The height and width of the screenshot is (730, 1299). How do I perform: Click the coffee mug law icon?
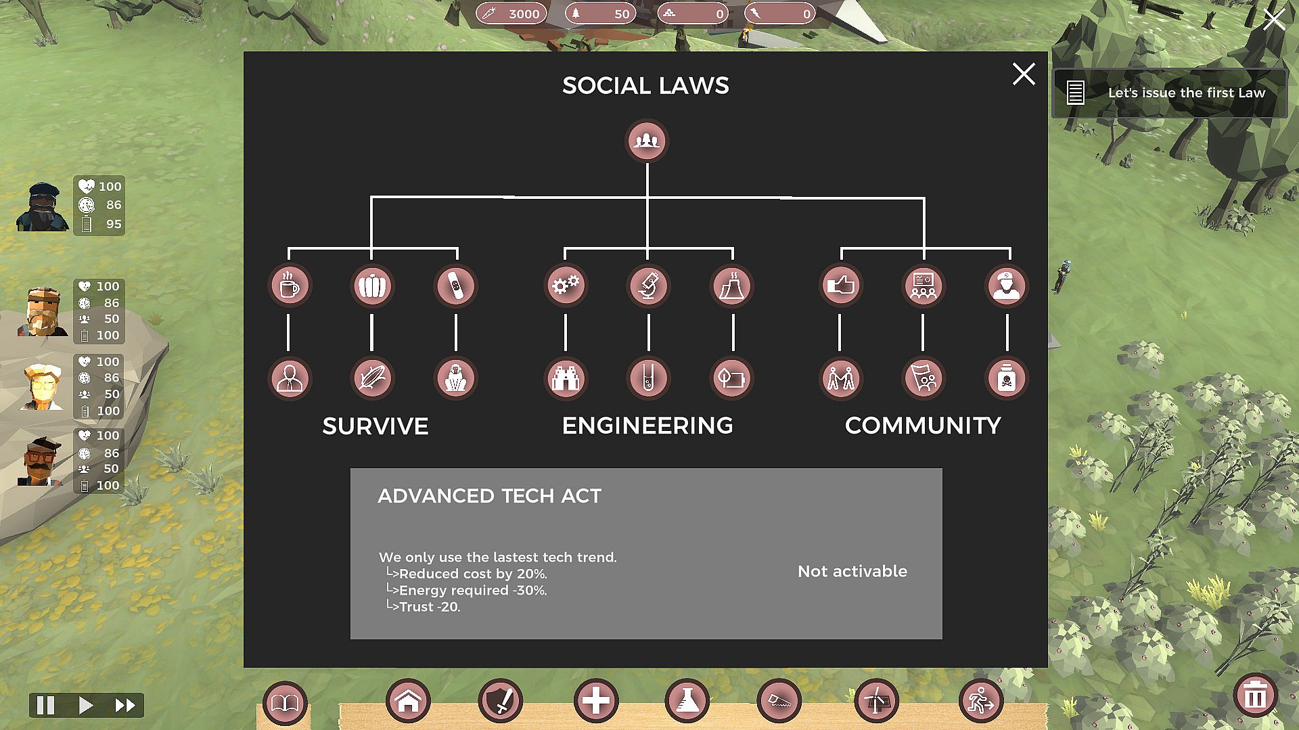click(x=290, y=286)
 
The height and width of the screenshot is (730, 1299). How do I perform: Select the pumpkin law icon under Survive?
click(x=372, y=286)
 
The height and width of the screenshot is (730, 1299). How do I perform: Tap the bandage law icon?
click(x=455, y=286)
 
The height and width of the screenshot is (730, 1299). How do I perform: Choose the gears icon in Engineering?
click(x=566, y=286)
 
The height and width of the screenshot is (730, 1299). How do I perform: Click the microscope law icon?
click(x=648, y=286)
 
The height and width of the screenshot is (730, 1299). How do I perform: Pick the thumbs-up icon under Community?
click(x=841, y=286)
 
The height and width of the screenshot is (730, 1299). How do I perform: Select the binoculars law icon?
click(x=566, y=378)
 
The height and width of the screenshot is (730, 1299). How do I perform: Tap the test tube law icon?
click(x=648, y=378)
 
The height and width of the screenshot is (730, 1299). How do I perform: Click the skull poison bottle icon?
click(x=1006, y=378)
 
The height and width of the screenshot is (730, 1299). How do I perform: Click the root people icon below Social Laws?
click(x=647, y=141)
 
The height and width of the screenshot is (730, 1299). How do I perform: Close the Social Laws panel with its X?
click(x=1024, y=74)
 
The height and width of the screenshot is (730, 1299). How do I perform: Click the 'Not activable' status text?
click(x=852, y=572)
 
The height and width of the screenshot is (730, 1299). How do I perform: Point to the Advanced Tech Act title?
click(x=489, y=496)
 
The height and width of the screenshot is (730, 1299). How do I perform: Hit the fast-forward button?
click(x=125, y=706)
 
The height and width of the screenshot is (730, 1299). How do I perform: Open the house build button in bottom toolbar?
click(x=408, y=701)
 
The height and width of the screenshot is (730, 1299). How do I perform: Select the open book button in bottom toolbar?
click(x=285, y=703)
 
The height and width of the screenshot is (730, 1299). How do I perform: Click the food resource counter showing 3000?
click(x=511, y=14)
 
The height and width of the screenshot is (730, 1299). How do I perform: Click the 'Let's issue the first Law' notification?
click(x=1170, y=93)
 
